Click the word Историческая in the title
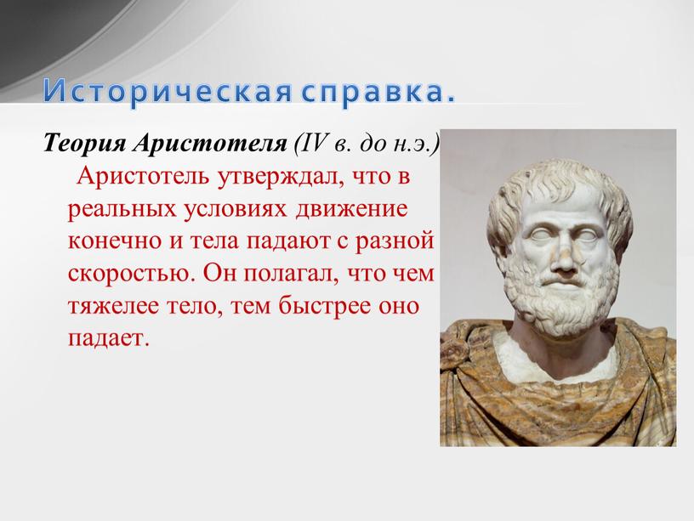pyautogui.click(x=168, y=91)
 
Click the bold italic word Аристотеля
pyautogui.click(x=210, y=144)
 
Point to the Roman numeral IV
pyautogui.click(x=313, y=143)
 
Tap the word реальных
pyautogui.click(x=122, y=209)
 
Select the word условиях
pyautogui.click(x=236, y=209)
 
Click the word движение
pyautogui.click(x=351, y=209)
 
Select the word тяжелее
pyautogui.click(x=113, y=306)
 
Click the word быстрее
pyautogui.click(x=324, y=306)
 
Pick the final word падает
pyautogui.click(x=107, y=339)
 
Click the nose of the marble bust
pyautogui.click(x=563, y=258)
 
